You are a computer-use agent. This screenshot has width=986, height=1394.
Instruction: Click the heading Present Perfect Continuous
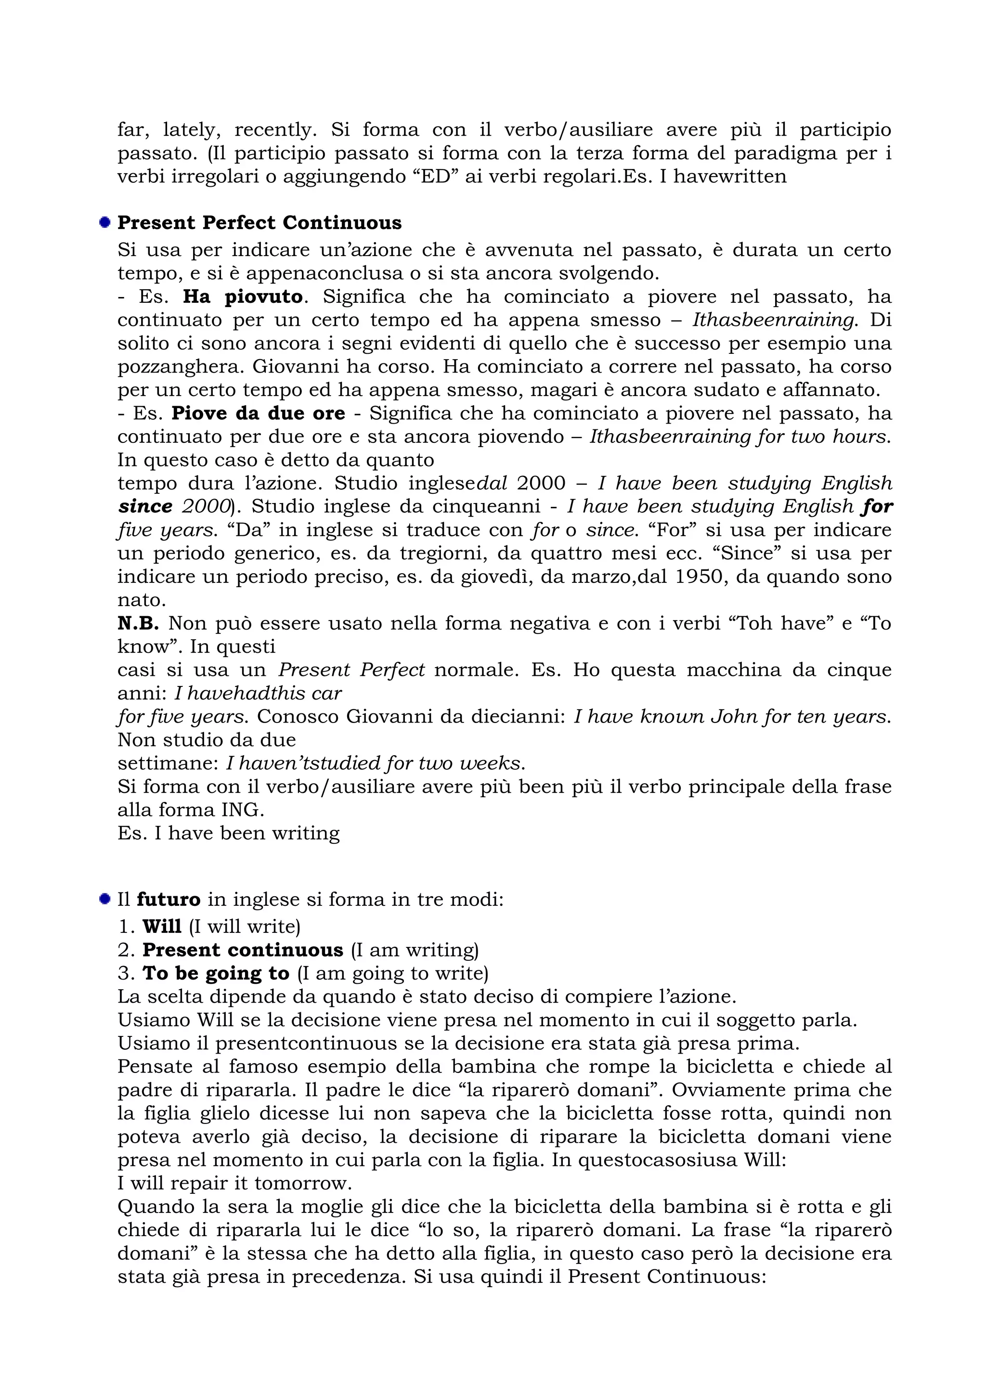pyautogui.click(x=259, y=223)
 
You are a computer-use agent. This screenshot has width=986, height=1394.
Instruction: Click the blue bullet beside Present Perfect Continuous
pyautogui.click(x=105, y=222)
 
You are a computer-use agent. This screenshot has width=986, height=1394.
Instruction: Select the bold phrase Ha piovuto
pyautogui.click(x=243, y=297)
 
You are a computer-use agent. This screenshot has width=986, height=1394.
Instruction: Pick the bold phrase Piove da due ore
pyautogui.click(x=258, y=413)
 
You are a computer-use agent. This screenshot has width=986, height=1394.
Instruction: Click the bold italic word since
pyautogui.click(x=145, y=506)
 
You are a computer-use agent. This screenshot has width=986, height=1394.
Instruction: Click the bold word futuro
pyautogui.click(x=168, y=899)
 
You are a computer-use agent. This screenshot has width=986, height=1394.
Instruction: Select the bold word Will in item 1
pyautogui.click(x=162, y=927)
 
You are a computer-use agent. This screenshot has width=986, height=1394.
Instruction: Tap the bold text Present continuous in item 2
pyautogui.click(x=243, y=950)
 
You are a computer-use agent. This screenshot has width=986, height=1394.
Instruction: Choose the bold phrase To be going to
pyautogui.click(x=216, y=973)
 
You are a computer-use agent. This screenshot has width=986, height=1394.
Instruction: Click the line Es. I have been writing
pyautogui.click(x=228, y=833)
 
